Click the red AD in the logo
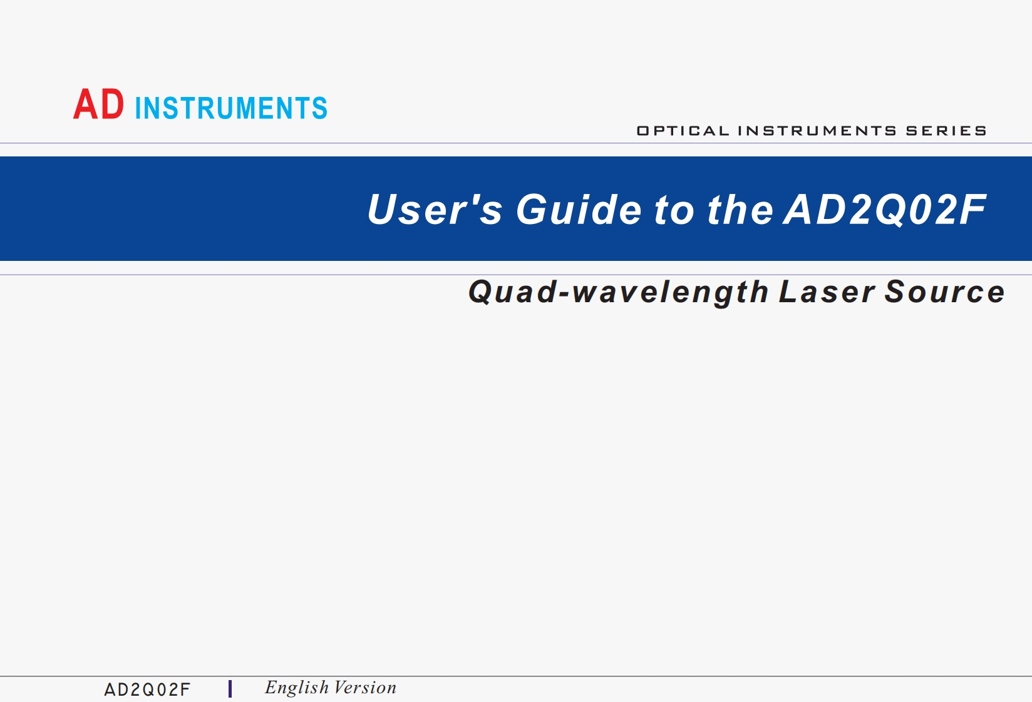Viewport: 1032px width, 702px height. click(99, 104)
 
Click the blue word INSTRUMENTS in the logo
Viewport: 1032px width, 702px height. click(231, 108)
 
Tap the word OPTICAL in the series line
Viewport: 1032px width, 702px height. click(683, 131)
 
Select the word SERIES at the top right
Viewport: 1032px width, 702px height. click(946, 131)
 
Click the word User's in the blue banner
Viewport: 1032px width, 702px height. click(435, 209)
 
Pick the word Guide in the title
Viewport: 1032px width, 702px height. click(579, 209)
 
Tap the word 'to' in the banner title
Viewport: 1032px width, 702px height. click(674, 210)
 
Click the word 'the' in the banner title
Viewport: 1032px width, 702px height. click(740, 209)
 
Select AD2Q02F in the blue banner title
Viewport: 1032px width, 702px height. click(885, 209)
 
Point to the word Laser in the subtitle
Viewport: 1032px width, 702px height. click(826, 292)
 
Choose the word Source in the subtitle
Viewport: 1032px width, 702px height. click(944, 292)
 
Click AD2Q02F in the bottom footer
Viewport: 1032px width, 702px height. click(147, 689)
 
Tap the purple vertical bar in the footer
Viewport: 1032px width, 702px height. click(230, 689)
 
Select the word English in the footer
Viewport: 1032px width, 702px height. click(296, 688)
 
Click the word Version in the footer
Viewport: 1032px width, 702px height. click(365, 688)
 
